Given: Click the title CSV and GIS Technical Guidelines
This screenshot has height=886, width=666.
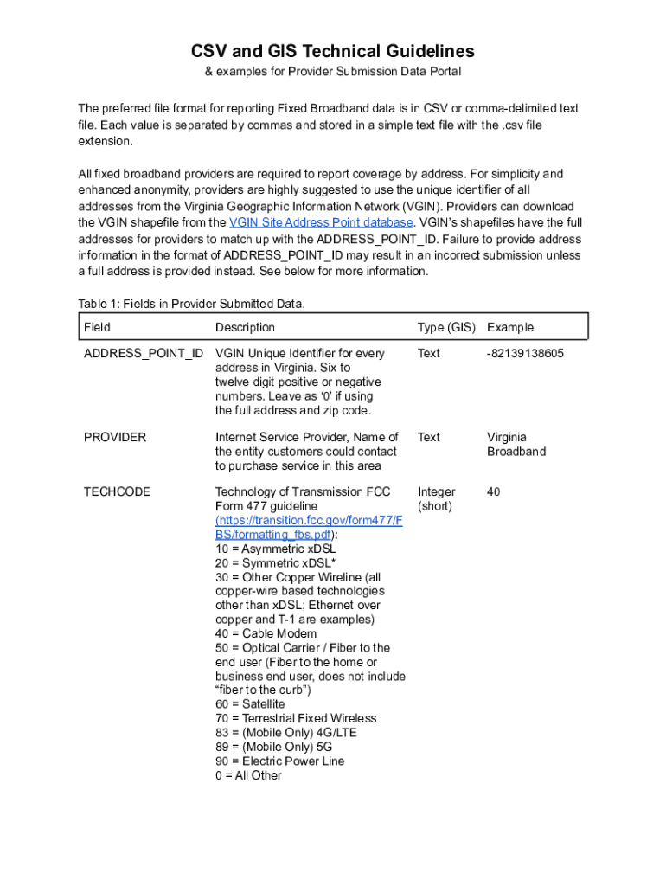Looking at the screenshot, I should tap(332, 51).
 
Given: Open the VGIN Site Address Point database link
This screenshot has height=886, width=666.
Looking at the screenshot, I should tap(320, 222).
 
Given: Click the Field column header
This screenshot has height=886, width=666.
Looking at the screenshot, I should tap(97, 327).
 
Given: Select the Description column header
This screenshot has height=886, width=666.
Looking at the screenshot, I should tap(245, 327).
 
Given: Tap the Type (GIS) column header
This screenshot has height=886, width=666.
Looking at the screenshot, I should tap(446, 327).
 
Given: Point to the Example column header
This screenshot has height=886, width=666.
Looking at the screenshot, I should tap(510, 327).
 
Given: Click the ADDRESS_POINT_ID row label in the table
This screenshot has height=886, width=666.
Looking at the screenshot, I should tap(144, 353).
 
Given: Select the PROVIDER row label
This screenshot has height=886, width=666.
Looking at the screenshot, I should tap(115, 437).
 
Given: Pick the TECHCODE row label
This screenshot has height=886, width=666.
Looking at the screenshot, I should tap(117, 491).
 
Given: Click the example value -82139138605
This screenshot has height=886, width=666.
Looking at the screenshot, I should tap(526, 353).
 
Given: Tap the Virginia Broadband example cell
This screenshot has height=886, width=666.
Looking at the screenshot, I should tap(516, 444).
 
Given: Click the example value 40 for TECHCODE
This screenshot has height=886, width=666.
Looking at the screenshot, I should tap(494, 491).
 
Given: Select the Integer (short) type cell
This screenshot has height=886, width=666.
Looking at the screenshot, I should tap(437, 498).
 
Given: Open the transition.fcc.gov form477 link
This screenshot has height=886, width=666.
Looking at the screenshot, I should tap(308, 527).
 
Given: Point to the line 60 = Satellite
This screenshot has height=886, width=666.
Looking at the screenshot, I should tap(250, 704).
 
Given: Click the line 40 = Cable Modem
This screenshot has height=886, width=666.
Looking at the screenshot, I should tap(266, 633).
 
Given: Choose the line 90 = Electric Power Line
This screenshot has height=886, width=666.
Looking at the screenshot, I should tap(279, 761).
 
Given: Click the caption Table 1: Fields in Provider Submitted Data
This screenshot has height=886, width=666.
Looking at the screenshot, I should tap(191, 304).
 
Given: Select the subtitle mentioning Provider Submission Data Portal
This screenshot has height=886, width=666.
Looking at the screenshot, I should tap(332, 72).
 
